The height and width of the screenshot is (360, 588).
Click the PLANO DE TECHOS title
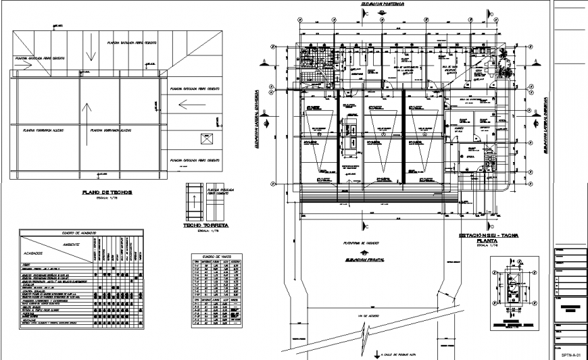pyautogui.click(x=107, y=192)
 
